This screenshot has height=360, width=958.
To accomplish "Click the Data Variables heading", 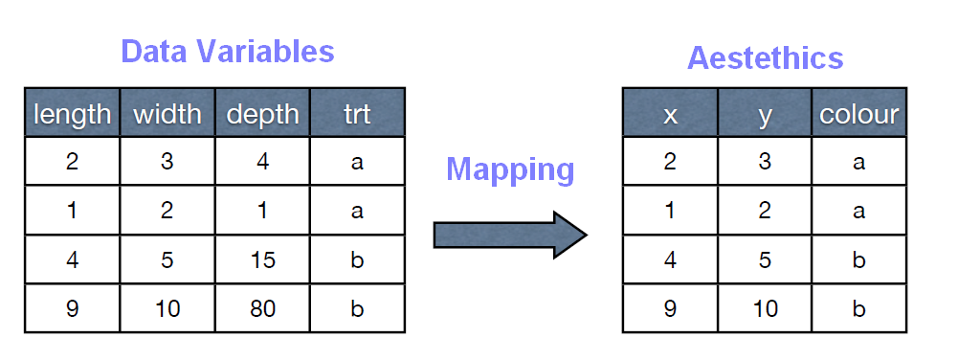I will click(228, 51).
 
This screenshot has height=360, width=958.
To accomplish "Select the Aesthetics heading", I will click(765, 57).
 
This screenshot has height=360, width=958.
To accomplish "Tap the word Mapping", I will click(510, 169).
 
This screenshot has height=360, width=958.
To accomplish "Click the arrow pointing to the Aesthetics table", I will click(509, 235).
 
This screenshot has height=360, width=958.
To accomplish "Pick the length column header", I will click(72, 115).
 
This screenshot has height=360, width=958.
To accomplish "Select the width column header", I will click(167, 115).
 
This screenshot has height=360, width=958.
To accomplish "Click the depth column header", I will click(262, 115).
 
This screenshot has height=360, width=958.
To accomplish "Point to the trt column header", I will click(357, 115).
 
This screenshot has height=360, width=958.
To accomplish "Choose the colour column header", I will click(858, 115).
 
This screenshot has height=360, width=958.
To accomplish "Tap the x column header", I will click(670, 115).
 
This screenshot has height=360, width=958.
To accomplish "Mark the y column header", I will click(765, 115).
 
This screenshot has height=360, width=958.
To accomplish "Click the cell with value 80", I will click(262, 309).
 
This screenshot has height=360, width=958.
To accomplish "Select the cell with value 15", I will click(262, 260).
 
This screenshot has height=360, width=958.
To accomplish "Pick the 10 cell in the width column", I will click(167, 309).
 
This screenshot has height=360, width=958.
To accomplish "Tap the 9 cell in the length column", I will click(72, 309).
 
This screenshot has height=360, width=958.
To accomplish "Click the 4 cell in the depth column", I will click(262, 162).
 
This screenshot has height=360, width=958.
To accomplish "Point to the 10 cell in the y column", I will click(765, 309).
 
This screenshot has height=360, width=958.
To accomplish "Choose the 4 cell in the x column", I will click(670, 260).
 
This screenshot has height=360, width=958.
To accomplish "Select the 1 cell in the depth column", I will click(262, 211).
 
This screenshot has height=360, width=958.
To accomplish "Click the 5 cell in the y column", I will click(765, 260).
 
